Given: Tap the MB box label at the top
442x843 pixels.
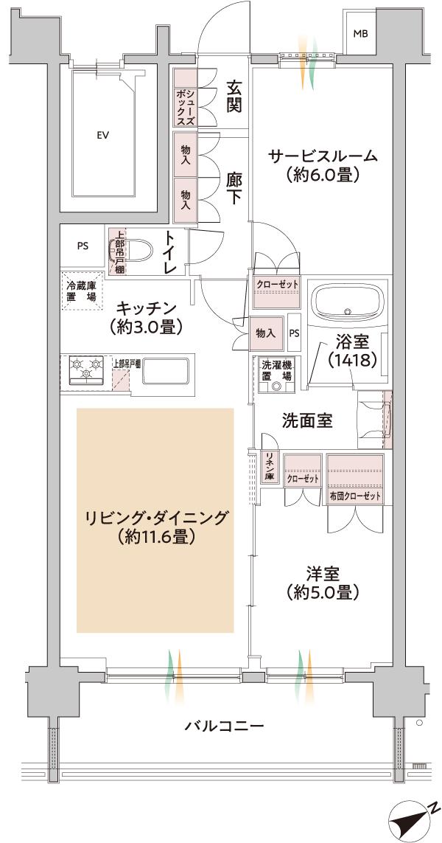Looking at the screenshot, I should (360, 34).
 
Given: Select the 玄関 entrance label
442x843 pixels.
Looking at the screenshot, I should (234, 96).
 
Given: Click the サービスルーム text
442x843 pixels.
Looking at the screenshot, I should (323, 156).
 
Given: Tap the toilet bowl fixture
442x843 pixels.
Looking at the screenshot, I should (138, 251).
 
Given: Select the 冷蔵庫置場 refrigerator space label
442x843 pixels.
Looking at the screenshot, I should (81, 291).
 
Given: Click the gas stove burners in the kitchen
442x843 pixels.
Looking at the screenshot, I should (85, 369).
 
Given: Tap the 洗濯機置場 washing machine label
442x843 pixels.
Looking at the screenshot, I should (276, 370).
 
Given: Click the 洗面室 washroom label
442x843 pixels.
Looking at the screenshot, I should (307, 420).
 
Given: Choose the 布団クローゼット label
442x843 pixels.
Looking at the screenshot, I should (356, 496).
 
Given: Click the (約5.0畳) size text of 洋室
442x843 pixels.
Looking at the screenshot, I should (323, 592).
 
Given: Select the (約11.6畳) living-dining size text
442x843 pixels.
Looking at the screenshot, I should (155, 538).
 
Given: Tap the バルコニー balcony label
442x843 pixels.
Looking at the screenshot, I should (223, 726).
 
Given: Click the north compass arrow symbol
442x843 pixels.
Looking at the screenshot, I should (413, 819).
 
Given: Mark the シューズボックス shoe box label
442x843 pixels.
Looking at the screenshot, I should (185, 96).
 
